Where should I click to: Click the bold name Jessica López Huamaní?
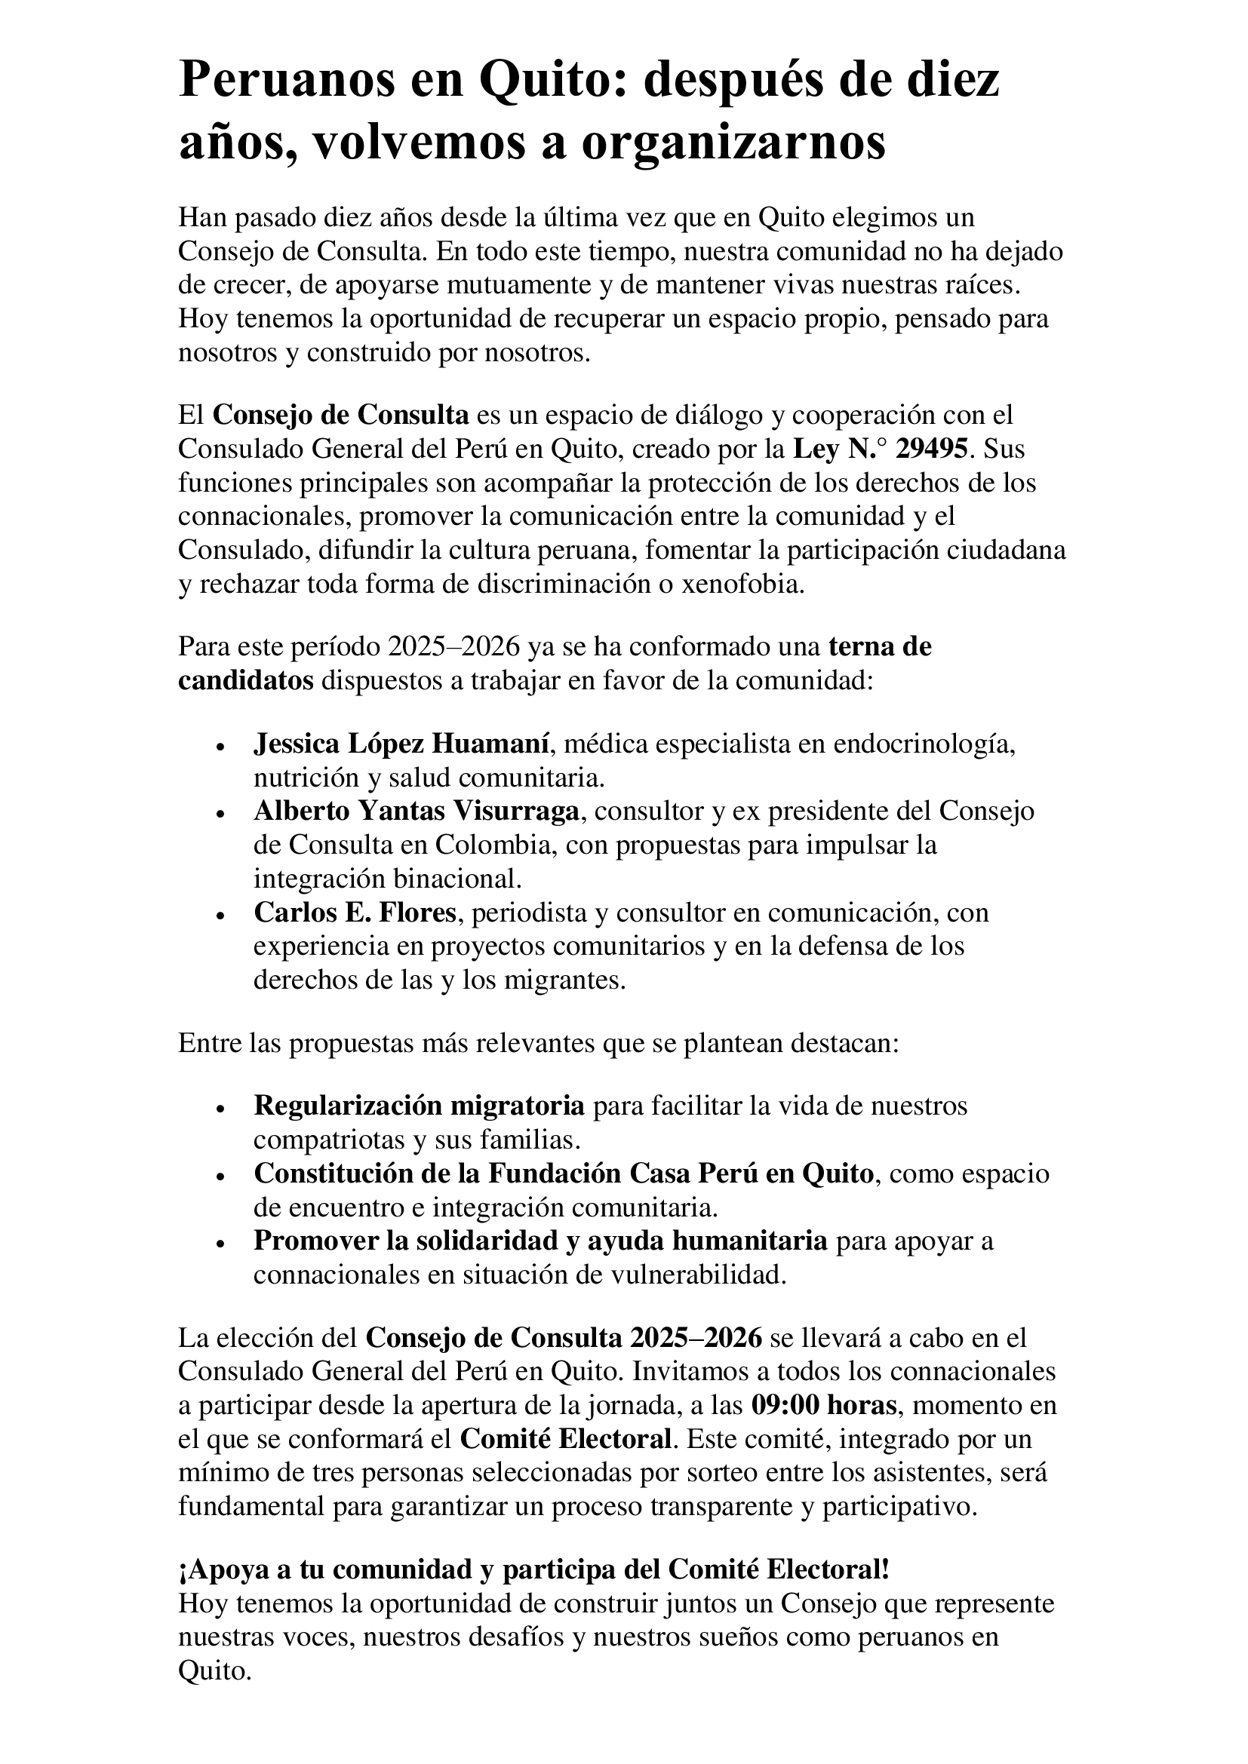401,744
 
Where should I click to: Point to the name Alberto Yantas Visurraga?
417,811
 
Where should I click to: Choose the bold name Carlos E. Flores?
355,912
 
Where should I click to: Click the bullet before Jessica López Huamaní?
220,747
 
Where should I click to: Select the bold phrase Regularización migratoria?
419,1106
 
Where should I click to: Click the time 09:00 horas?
824,1405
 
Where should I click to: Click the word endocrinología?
924,744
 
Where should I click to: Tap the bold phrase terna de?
880,646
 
